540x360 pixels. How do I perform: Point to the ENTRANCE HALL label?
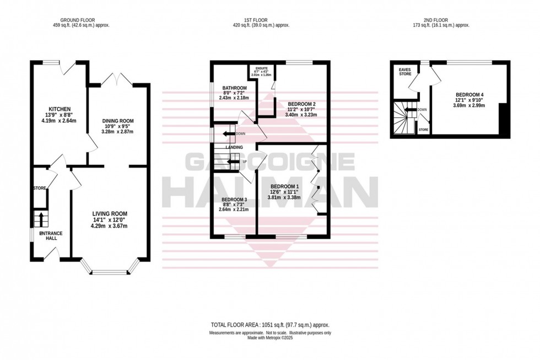(x=51, y=236)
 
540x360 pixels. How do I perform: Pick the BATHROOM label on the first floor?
(x=234, y=88)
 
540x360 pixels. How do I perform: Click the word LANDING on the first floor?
(x=226, y=148)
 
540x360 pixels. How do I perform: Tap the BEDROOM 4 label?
(x=470, y=94)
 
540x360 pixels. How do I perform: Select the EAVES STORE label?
(x=405, y=72)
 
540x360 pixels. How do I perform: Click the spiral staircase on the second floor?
(x=403, y=118)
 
